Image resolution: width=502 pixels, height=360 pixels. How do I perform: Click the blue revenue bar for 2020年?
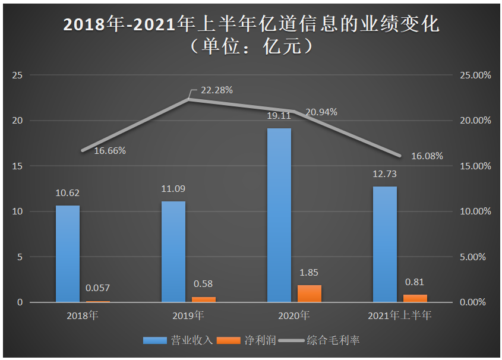[279, 215]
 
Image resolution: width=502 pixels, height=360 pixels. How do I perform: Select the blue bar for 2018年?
[68, 254]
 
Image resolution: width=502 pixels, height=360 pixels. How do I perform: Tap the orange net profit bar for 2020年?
[310, 293]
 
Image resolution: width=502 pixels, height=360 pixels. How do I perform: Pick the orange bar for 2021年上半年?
[415, 298]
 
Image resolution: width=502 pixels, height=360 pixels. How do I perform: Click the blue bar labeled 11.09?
[173, 251]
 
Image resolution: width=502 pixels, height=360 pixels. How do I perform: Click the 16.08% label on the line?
[427, 156]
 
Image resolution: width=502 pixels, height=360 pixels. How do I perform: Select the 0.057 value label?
[98, 288]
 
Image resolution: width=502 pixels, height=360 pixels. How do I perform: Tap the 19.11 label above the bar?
[279, 115]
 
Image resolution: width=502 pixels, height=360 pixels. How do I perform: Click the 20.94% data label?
[321, 112]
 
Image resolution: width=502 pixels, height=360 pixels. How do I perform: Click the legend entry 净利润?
[244, 341]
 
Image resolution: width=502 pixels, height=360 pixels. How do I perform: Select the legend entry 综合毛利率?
[320, 341]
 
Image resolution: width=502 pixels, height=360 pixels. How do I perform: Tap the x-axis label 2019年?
[188, 315]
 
